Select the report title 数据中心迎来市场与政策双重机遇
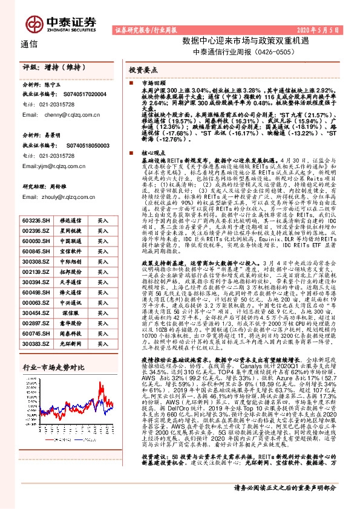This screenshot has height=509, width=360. point(233,41)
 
